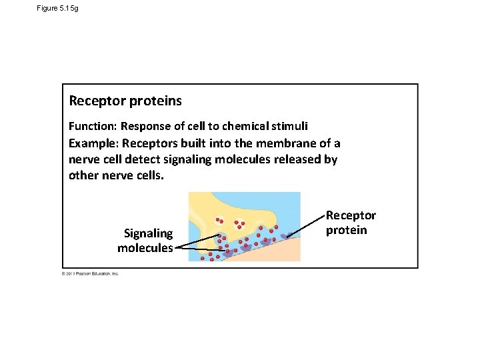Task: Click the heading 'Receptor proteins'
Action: (x=125, y=101)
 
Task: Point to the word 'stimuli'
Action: (x=294, y=127)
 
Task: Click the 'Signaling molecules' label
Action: (x=145, y=241)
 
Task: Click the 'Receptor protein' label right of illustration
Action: (x=351, y=223)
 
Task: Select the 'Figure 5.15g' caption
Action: (x=58, y=8)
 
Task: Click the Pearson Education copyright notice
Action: (x=90, y=273)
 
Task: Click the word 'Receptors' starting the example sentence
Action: (x=151, y=143)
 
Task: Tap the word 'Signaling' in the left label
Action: (x=148, y=233)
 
